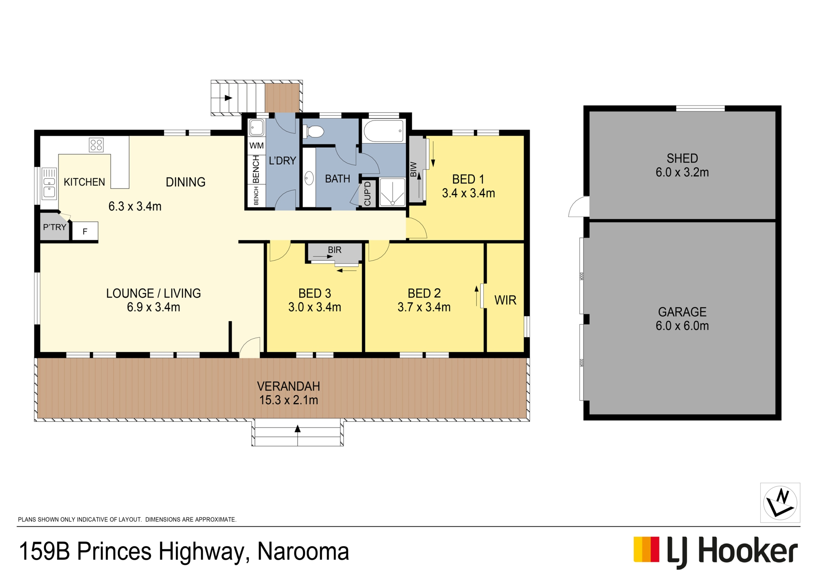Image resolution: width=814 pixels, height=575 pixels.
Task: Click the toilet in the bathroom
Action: click(314, 131)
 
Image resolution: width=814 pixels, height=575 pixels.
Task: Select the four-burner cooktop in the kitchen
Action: click(96, 145)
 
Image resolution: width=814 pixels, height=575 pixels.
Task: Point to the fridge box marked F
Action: click(85, 232)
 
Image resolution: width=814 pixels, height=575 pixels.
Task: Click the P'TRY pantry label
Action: click(55, 227)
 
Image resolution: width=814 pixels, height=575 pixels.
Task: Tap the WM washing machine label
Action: click(256, 146)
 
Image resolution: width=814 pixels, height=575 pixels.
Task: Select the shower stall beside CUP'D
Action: click(392, 192)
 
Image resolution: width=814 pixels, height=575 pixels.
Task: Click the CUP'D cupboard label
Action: click(368, 194)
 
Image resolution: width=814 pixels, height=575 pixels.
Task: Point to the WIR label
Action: click(505, 300)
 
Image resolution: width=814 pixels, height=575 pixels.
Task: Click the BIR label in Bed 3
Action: click(335, 250)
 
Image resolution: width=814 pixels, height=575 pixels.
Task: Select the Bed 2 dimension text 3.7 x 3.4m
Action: click(424, 307)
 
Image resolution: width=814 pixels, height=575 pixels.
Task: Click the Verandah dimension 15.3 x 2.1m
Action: click(289, 400)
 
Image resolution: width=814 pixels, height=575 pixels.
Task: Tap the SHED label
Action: click(682, 158)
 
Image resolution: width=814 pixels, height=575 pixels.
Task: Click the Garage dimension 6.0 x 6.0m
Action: click(682, 326)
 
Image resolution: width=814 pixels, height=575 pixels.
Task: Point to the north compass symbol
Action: click(780, 503)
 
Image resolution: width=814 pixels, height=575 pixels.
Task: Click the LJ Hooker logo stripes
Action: click(647, 550)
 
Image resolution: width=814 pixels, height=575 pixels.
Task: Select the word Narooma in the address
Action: click(303, 552)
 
